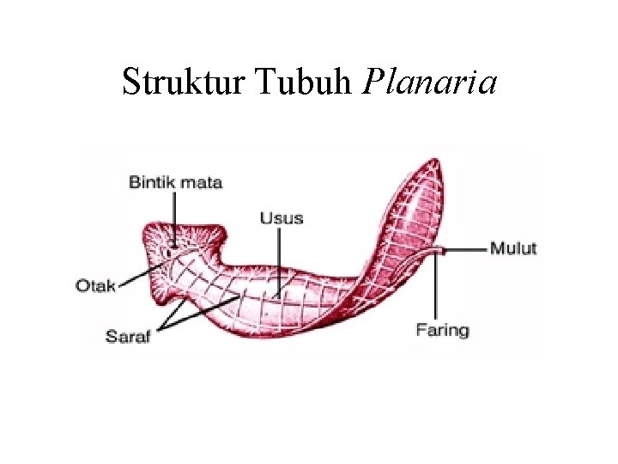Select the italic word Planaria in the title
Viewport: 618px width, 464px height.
(430, 82)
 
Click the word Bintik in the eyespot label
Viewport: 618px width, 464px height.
(151, 182)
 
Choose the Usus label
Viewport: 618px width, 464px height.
(282, 218)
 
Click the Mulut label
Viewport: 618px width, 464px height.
(513, 248)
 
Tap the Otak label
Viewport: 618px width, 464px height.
(95, 285)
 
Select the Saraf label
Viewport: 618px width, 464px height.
(128, 336)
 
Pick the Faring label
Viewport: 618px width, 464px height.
(442, 329)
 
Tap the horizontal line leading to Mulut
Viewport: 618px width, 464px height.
(466, 249)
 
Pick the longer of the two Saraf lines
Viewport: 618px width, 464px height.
(206, 312)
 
